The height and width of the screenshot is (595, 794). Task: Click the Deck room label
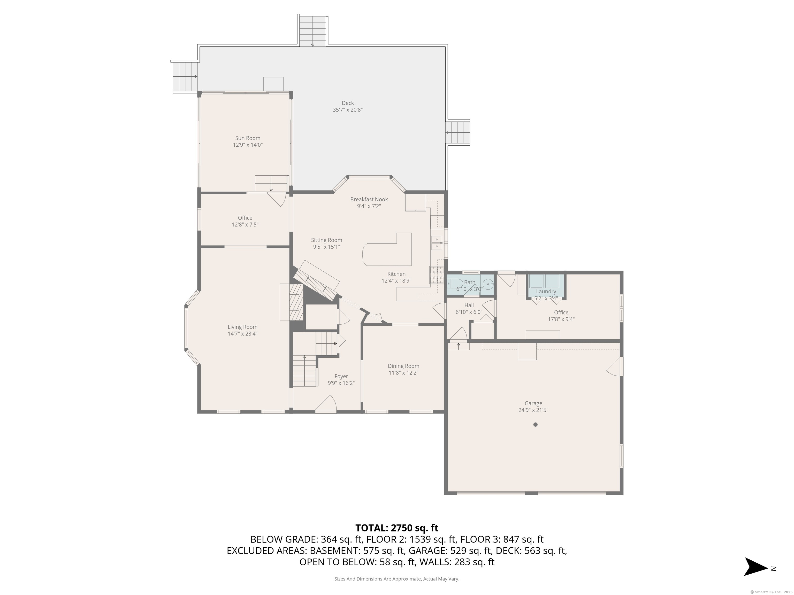click(347, 103)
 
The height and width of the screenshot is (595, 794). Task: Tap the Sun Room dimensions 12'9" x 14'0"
click(248, 145)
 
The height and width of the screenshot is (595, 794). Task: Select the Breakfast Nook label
click(369, 199)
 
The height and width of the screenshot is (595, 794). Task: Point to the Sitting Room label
click(326, 240)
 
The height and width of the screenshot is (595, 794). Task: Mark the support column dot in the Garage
click(535, 425)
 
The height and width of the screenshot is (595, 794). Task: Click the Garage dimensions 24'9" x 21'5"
click(533, 410)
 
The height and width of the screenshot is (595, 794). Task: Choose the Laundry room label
click(546, 292)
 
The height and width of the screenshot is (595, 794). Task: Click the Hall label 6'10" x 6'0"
click(469, 309)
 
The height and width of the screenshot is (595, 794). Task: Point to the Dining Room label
click(403, 366)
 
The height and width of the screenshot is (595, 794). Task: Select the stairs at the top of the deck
click(313, 32)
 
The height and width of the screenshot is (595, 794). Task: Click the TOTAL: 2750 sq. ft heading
click(397, 528)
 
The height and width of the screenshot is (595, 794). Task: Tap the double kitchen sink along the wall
click(437, 243)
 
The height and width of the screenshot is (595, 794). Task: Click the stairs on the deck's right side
click(458, 132)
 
